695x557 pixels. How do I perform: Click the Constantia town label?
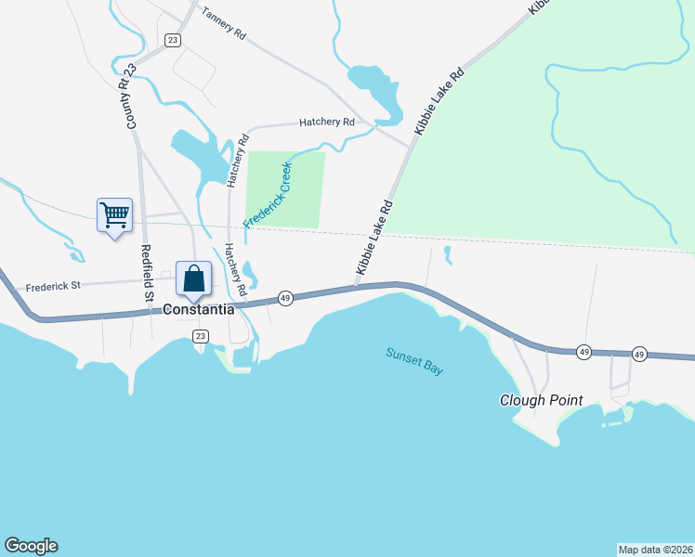199,309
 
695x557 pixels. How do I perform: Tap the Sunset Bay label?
414,360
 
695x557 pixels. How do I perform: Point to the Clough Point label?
541,401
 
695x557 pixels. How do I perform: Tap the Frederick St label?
54,288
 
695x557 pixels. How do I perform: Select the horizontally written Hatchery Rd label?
327,122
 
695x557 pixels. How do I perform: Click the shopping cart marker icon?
114,214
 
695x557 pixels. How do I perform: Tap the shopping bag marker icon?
193,278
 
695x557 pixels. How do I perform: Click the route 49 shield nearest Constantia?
285,298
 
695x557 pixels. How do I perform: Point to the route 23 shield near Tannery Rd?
172,39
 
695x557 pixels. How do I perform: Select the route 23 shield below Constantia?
200,337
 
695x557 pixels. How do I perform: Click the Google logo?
31,546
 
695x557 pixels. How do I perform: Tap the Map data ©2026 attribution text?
655,550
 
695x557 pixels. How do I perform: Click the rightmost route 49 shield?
639,354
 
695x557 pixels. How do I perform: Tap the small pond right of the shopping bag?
250,274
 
